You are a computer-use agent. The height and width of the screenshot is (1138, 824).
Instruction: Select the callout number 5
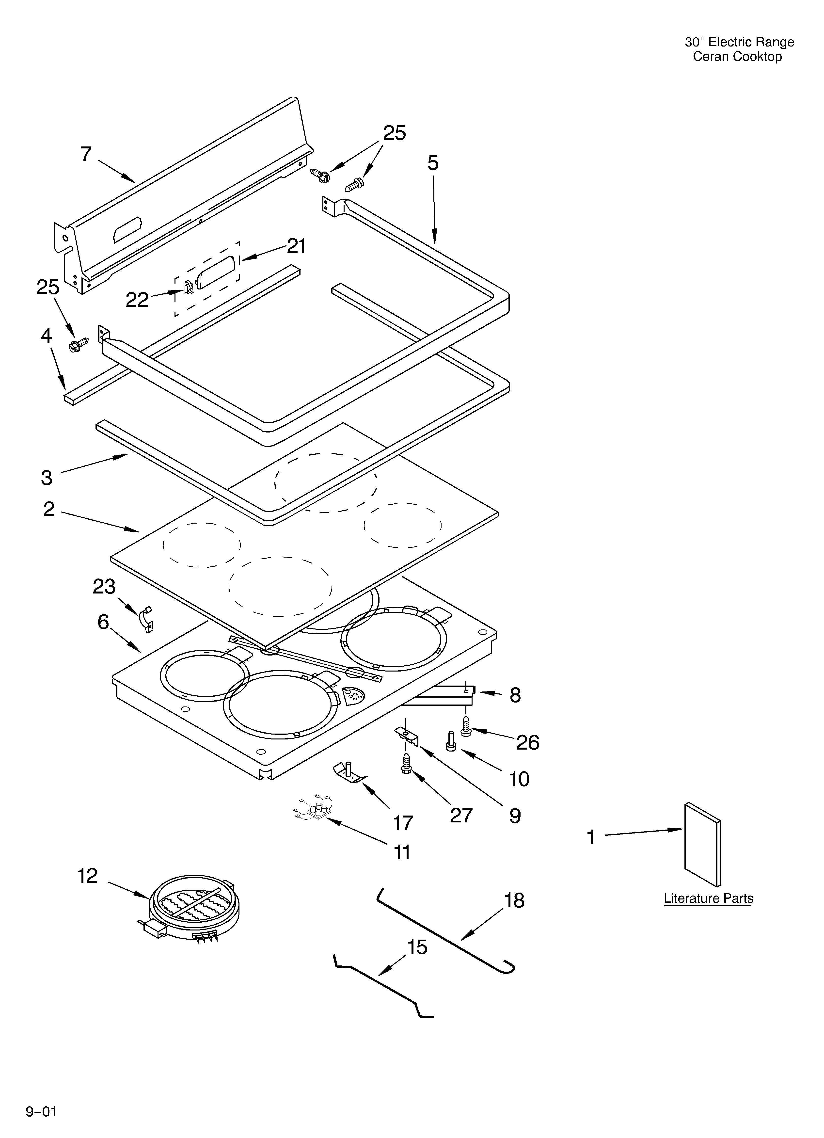point(433,163)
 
